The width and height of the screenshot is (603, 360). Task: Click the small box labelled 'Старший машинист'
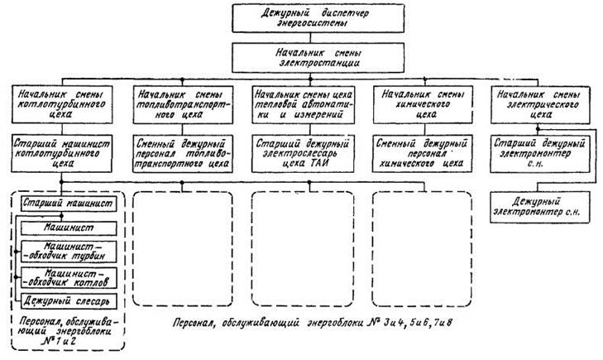(69, 203)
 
